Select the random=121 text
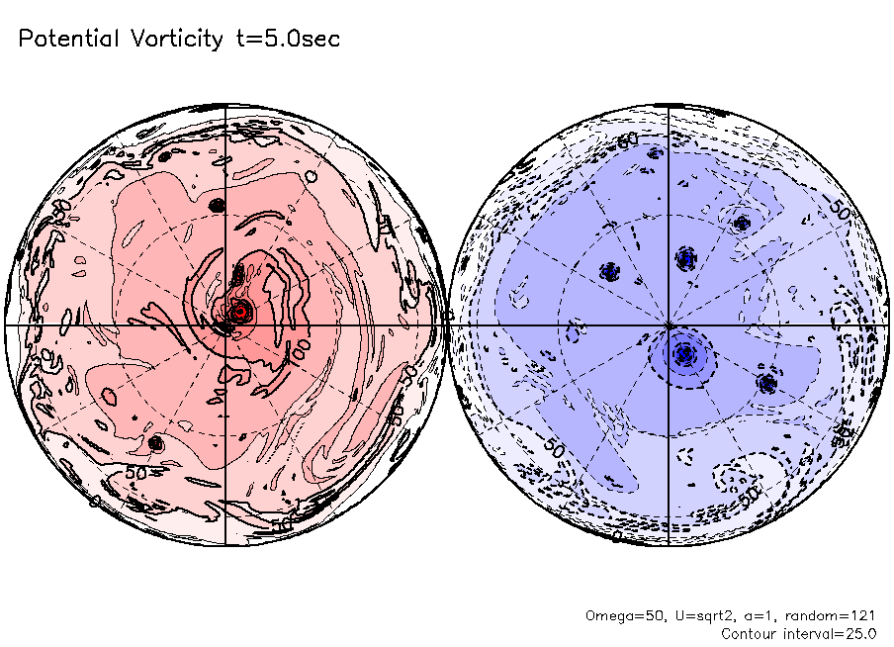(828, 615)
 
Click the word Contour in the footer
(750, 633)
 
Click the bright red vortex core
(239, 312)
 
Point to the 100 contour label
(299, 353)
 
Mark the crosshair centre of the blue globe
(670, 323)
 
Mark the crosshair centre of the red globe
(226, 323)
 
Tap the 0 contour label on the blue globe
(616, 536)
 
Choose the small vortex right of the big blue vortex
(767, 381)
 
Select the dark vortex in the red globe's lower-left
(154, 444)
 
